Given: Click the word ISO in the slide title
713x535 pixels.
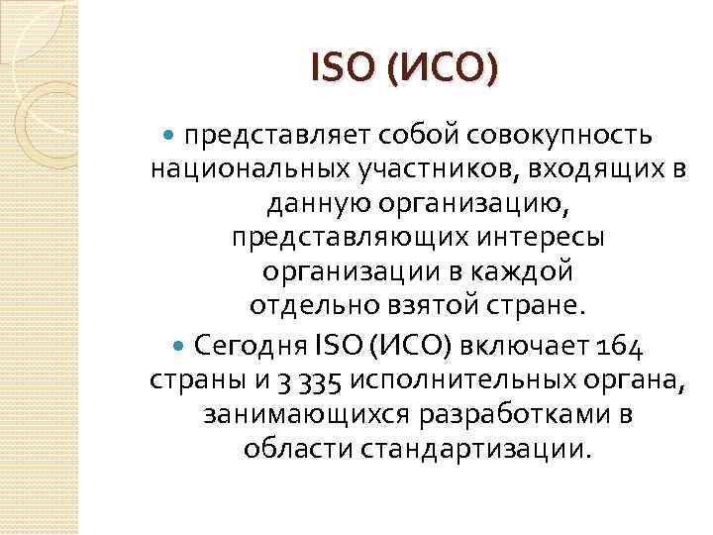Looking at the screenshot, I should coord(340,69).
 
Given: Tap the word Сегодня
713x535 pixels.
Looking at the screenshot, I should coord(251,348).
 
